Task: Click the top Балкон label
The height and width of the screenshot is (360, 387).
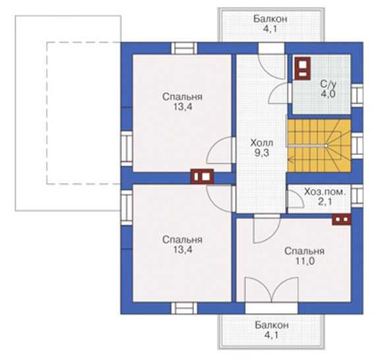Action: coord(270,18)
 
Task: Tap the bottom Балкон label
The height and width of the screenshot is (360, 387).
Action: coord(272,325)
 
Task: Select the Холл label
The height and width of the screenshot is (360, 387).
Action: coord(262,142)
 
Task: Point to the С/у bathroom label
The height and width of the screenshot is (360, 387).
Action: coord(328,84)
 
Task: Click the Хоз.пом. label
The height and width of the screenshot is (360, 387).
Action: coord(324,192)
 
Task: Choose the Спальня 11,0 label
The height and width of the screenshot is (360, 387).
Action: coord(305,256)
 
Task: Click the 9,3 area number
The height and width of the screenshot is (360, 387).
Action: coord(262,153)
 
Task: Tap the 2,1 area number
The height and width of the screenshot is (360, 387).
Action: coord(325,202)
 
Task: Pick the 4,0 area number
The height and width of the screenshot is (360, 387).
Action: coord(328,94)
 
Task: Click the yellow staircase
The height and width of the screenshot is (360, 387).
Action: coord(319,146)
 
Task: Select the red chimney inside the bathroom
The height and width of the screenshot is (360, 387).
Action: coord(302,69)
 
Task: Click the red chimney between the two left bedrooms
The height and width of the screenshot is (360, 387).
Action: coord(202,176)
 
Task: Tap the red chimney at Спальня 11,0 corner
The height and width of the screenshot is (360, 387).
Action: coord(342,220)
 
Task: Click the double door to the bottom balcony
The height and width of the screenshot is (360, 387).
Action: coord(272,289)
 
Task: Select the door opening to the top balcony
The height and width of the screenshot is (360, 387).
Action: coord(272,48)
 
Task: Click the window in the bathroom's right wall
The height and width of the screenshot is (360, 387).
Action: coord(357,96)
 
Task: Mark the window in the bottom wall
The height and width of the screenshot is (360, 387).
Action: coord(184,308)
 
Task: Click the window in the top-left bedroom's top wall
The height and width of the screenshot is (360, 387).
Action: coord(184,48)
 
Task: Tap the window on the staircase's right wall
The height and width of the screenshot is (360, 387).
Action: coord(357,146)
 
